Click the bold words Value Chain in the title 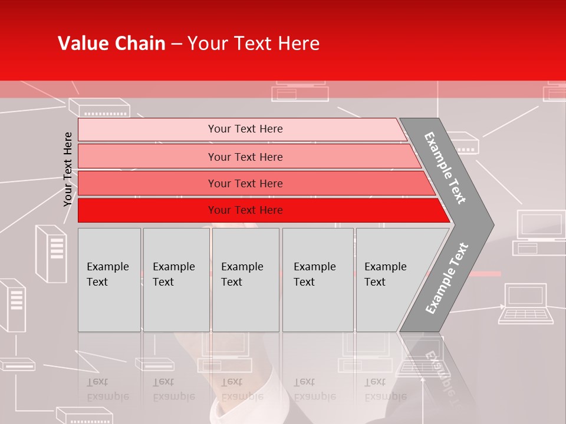(111, 44)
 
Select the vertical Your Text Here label (68, 169)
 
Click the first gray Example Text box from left (109, 280)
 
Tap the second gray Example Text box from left (176, 280)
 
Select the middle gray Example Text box (245, 280)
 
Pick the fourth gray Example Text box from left (318, 280)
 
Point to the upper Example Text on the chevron (445, 168)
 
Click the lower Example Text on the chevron (447, 279)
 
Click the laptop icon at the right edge (526, 304)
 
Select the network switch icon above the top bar (99, 107)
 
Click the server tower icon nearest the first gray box (51, 253)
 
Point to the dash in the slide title (176, 44)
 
